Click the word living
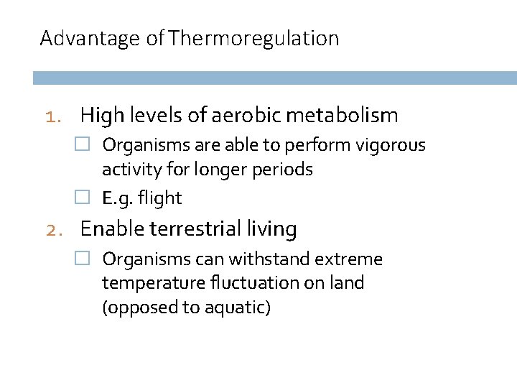pyautogui.click(x=271, y=229)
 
